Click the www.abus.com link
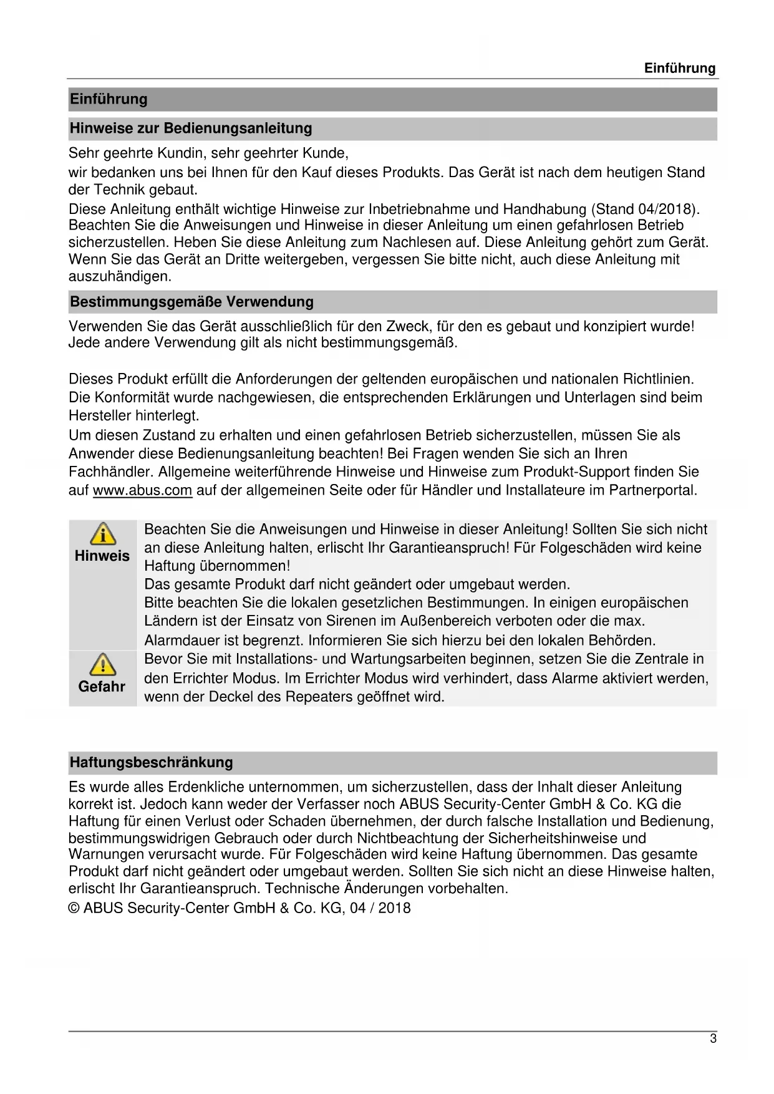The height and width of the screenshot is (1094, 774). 142,490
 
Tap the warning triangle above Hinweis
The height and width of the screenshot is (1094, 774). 102,534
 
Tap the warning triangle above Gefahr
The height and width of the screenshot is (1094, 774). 102,664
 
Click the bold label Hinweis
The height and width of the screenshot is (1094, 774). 102,556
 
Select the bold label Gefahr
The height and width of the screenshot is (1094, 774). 102,686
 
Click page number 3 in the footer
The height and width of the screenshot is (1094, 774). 713,1038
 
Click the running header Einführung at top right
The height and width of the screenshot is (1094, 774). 680,68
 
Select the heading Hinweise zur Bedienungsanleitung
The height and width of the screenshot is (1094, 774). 191,128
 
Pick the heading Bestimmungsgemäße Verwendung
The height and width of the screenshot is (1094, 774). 191,302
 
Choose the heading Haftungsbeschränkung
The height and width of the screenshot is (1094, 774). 151,762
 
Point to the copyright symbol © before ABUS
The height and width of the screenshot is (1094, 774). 74,908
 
